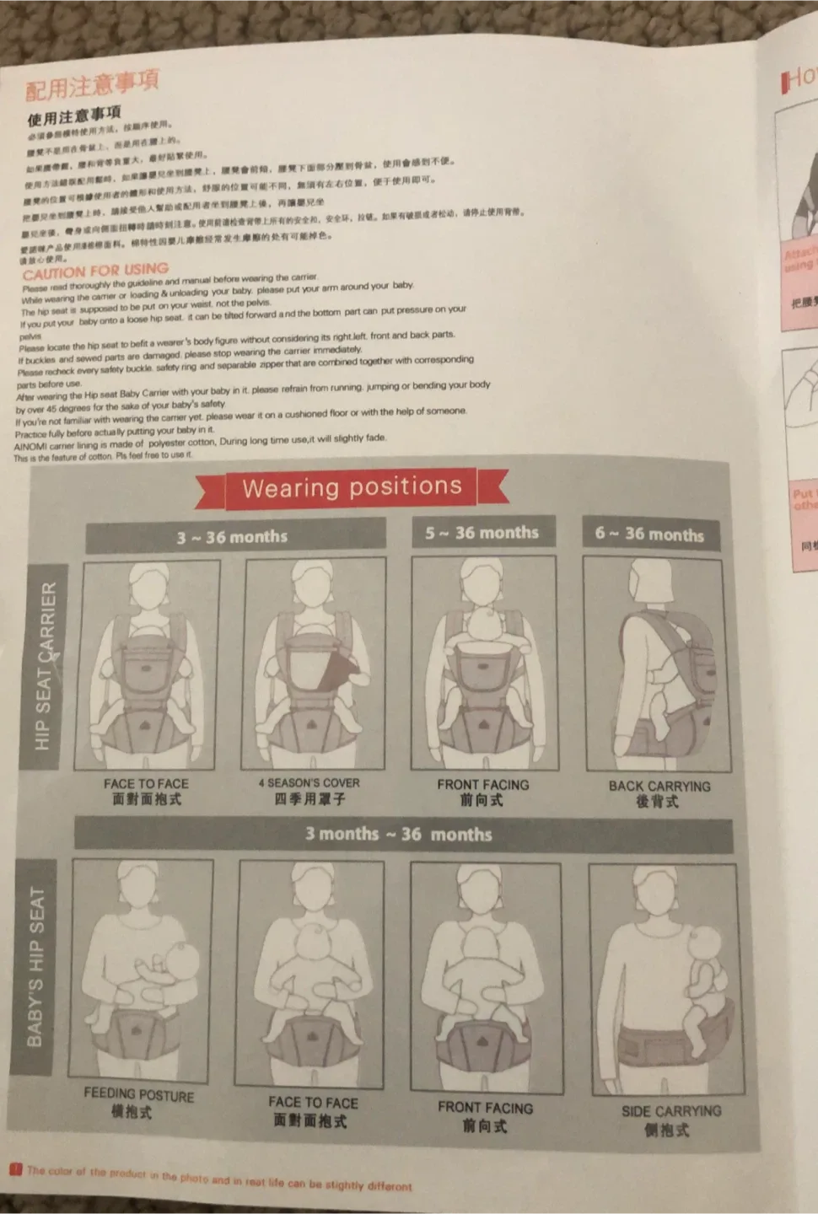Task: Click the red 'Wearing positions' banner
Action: click(x=352, y=487)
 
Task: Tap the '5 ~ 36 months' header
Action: click(x=482, y=533)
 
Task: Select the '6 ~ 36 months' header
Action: click(x=649, y=534)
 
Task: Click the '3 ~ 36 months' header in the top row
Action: click(x=233, y=536)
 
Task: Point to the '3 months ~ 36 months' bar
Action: click(x=400, y=835)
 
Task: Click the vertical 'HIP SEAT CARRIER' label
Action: click(x=45, y=667)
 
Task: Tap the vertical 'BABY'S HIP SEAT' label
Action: click(x=35, y=966)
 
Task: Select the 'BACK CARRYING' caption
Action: click(x=659, y=786)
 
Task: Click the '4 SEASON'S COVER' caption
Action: click(x=309, y=783)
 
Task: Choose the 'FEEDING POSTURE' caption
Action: click(x=138, y=1094)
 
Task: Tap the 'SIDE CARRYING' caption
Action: click(x=671, y=1111)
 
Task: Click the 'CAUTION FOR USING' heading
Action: click(x=95, y=271)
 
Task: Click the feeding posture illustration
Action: click(x=141, y=970)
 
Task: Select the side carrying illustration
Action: click(x=666, y=978)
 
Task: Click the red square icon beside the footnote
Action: click(x=15, y=1168)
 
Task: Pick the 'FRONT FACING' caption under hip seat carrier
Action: click(x=482, y=785)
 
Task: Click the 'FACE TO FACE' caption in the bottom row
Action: click(x=313, y=1103)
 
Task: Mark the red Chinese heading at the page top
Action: click(x=91, y=84)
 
